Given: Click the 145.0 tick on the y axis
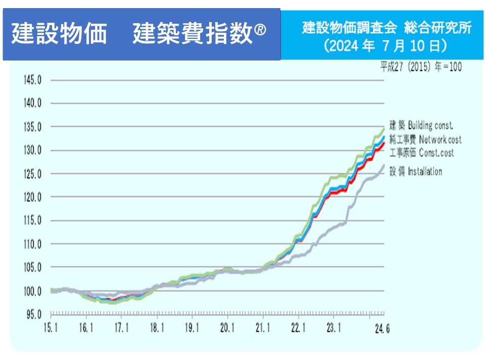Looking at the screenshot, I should (x=32, y=80).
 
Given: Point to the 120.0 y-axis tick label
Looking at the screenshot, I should (x=32, y=197).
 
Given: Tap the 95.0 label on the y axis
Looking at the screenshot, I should (x=34, y=314).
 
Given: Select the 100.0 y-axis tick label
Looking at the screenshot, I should (x=32, y=291).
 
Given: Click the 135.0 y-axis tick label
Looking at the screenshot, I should (x=32, y=127).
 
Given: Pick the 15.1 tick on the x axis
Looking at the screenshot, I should (x=50, y=328).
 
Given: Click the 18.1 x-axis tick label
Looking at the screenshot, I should (x=157, y=328).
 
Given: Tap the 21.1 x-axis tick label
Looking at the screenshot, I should (x=263, y=328).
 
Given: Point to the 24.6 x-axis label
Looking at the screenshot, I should (x=381, y=329).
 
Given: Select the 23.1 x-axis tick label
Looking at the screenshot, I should (x=333, y=328).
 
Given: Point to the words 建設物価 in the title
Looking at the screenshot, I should (x=59, y=34).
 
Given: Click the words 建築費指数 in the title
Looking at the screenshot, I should (x=192, y=34).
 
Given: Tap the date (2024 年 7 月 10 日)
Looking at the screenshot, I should (x=386, y=46).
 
